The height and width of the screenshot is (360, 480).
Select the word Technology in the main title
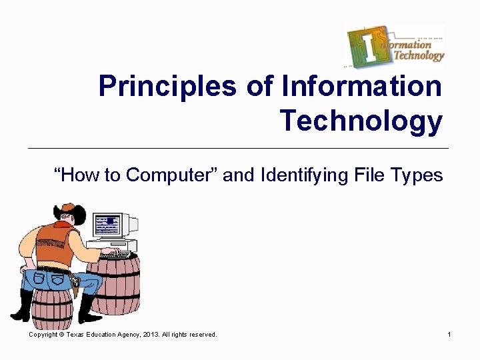pos(361,121)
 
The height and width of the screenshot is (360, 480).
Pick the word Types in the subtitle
pos(417,175)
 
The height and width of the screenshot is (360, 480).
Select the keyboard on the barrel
pos(115,254)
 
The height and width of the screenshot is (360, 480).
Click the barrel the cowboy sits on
pos(52,307)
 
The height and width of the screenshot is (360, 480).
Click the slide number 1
pos(450,334)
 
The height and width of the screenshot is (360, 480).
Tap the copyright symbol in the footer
pos(61,334)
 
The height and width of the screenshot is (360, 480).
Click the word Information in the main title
pos(361,87)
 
